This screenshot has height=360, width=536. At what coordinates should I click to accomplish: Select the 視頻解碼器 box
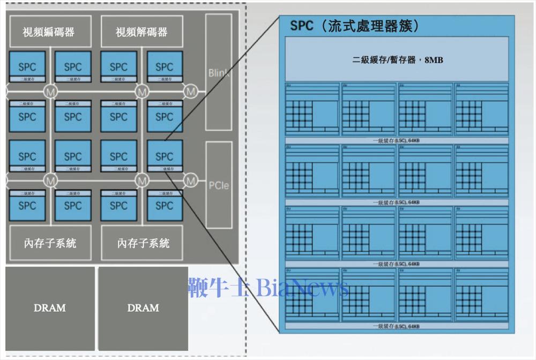142,32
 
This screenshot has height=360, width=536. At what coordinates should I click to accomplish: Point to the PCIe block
219,185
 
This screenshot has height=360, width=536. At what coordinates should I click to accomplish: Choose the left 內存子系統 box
50,243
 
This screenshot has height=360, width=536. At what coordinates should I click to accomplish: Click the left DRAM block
50,307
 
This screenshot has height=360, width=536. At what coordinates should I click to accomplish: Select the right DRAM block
143,307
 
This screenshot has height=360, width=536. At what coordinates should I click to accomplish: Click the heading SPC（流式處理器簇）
354,26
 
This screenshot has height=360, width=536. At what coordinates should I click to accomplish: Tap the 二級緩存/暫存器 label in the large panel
384,60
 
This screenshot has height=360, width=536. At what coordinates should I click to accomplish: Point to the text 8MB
434,60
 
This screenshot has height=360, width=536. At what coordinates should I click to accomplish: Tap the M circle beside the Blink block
191,92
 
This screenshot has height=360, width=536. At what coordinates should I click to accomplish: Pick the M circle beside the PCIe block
191,181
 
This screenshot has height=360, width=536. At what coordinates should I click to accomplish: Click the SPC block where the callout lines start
164,156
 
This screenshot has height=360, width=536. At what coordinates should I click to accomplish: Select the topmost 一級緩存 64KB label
396,140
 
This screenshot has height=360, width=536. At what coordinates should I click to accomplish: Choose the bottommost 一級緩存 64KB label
396,326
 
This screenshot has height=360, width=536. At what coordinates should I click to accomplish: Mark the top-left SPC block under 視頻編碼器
27,67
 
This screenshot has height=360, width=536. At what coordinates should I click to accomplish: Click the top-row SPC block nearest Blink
164,67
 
